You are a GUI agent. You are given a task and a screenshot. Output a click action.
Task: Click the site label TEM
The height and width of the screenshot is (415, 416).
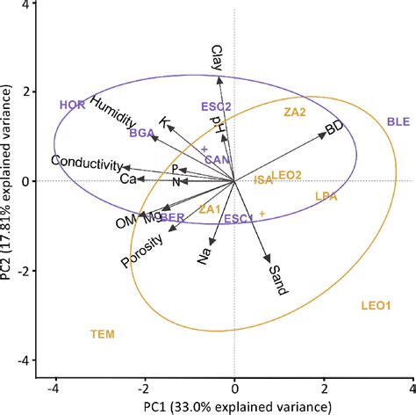click(x=103, y=334)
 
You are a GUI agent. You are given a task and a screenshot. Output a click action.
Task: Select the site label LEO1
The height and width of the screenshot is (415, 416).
click(x=375, y=306)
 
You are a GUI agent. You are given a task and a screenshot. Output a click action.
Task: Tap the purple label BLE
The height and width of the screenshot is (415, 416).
click(x=398, y=121)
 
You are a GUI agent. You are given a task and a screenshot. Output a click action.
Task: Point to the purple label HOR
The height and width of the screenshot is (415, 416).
click(x=72, y=105)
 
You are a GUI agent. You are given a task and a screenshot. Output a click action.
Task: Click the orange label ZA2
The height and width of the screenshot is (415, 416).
click(x=294, y=113)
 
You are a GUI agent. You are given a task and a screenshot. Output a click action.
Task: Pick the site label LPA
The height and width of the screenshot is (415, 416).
click(x=327, y=198)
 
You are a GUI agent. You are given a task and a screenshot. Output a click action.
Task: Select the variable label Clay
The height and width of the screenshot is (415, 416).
click(x=218, y=58)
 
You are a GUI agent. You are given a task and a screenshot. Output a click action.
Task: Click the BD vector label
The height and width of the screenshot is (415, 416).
click(x=334, y=128)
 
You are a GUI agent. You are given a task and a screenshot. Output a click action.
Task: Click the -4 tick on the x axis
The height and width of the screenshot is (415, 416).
click(x=54, y=387)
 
